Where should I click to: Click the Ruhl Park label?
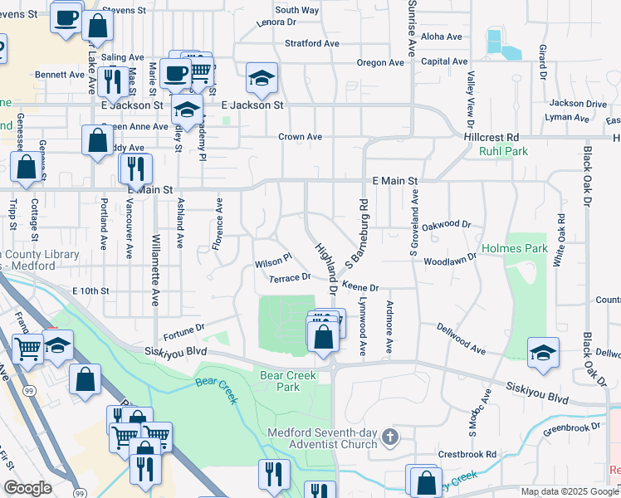pyautogui.click(x=503, y=152)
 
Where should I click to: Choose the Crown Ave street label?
pyautogui.click(x=300, y=137)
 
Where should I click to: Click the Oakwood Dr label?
pyautogui.click(x=447, y=225)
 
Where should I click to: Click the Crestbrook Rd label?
pyautogui.click(x=467, y=454)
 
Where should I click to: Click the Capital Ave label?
pyautogui.click(x=444, y=61)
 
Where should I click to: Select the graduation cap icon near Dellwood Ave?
pyautogui.click(x=543, y=351)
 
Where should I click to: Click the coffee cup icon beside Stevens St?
pyautogui.click(x=66, y=17)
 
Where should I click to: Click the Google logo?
pyautogui.click(x=28, y=488)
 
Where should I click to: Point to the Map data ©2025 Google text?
pyautogui.click(x=570, y=491)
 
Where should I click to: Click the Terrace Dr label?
pyautogui.click(x=289, y=277)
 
